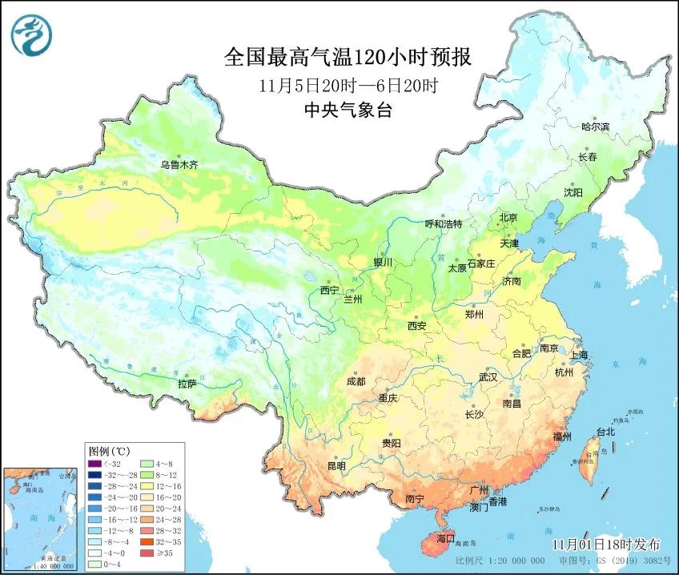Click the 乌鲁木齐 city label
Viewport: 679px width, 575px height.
(178, 165)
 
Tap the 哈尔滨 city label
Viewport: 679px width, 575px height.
(595, 127)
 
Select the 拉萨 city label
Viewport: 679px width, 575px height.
(186, 384)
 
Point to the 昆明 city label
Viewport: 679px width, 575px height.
(336, 465)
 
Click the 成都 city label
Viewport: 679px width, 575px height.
(356, 381)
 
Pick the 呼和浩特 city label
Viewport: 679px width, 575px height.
(443, 224)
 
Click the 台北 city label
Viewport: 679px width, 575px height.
(605, 432)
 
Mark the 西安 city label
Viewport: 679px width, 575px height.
(416, 326)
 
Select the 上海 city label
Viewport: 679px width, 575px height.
(577, 354)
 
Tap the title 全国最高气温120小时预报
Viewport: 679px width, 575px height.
(347, 57)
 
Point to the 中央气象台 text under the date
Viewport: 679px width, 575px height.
(347, 111)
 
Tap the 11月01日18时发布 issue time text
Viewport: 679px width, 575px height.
(607, 544)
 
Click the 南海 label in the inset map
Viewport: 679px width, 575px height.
(32, 521)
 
